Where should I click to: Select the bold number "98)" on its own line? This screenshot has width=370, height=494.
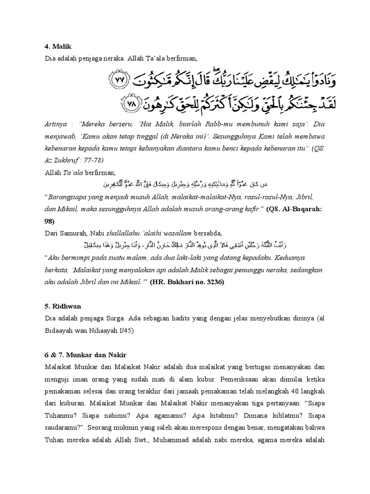(x=49, y=221)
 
